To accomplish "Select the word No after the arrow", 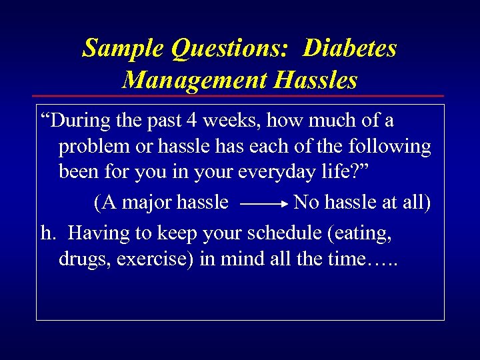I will (x=306, y=201).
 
